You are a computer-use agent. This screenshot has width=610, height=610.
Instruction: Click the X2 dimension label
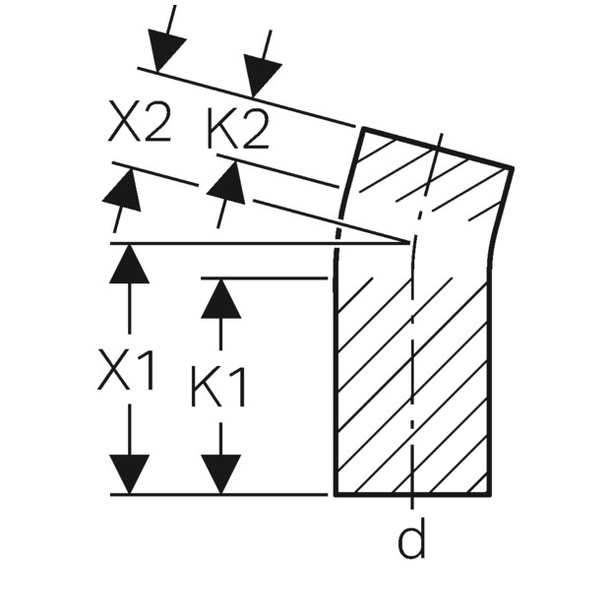tap(140, 121)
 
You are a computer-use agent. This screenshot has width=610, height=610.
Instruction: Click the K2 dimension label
tap(238, 128)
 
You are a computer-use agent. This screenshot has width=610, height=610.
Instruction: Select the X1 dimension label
tap(126, 370)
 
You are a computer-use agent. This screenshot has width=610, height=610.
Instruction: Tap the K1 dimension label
tap(218, 387)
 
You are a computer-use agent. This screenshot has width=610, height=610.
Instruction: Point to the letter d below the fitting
tap(411, 538)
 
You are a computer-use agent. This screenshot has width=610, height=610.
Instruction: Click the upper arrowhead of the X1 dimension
tap(129, 264)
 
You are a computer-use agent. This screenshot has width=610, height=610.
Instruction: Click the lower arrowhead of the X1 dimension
tap(129, 474)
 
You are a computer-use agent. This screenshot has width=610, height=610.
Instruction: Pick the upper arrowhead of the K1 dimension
tap(221, 298)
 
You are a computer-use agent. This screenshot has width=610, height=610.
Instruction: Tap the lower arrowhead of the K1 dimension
tap(221, 474)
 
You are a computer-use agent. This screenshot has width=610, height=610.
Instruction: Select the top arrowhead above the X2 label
tap(164, 53)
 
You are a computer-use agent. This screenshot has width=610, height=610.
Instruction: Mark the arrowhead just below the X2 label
tap(124, 188)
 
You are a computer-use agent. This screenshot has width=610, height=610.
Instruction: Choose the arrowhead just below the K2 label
tap(228, 182)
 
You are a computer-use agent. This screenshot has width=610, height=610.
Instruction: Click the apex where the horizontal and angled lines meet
tap(410, 243)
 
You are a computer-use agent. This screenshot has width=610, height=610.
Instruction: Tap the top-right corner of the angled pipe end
tap(512, 168)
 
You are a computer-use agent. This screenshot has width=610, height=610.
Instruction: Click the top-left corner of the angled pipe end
tap(364, 129)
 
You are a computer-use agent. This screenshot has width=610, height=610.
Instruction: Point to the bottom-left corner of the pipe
tap(335, 495)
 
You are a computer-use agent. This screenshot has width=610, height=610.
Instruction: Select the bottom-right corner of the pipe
tap(489, 495)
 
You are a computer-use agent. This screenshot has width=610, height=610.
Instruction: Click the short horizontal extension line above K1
tap(264, 278)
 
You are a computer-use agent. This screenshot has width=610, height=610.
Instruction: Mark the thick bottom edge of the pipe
tap(412, 495)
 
